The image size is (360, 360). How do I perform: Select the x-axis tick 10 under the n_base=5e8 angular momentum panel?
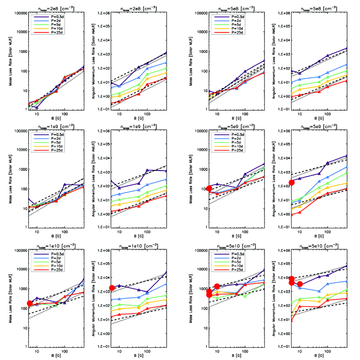[299, 114]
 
